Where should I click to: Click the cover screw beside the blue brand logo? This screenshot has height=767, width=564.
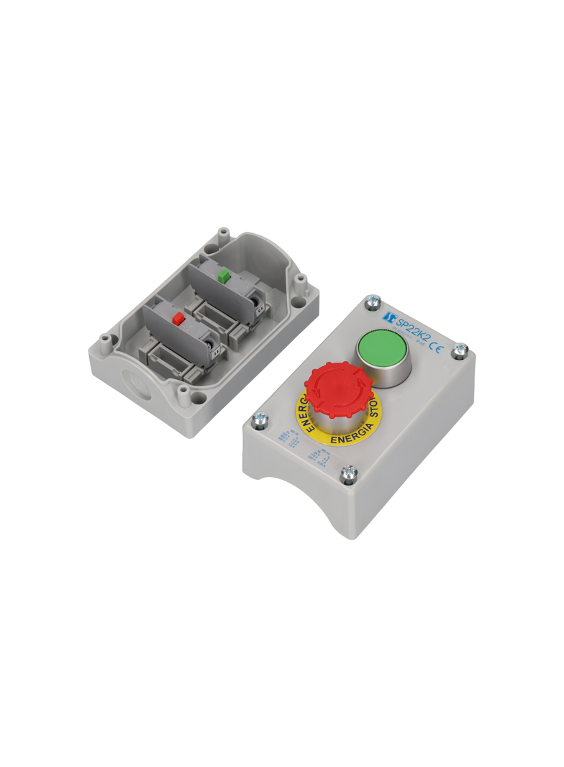[x=373, y=301]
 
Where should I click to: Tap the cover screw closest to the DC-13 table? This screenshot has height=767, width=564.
[x=348, y=473]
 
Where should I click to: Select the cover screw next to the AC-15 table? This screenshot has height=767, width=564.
[x=260, y=419]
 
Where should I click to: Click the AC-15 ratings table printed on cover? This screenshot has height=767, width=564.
[x=286, y=440]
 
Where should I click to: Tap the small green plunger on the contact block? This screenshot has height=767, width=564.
[x=224, y=274]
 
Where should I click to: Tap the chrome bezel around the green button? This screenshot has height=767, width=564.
[x=386, y=371]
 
